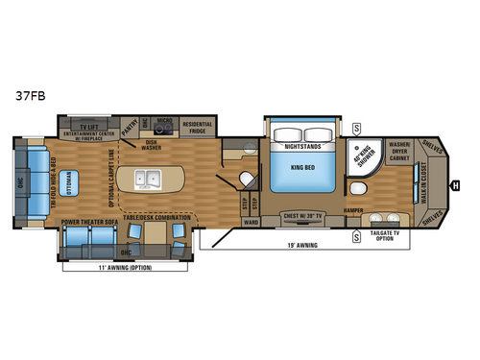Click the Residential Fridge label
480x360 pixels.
coord(197,126)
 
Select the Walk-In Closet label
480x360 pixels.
coord(423,179)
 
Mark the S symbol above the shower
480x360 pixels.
coord(357,126)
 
